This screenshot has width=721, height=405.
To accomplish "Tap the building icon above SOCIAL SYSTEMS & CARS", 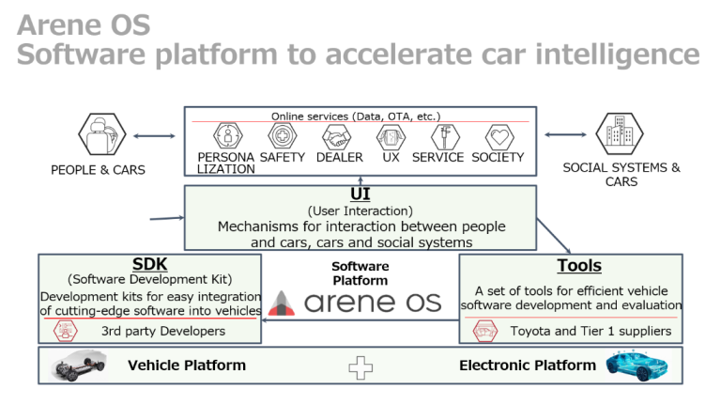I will point(620,136).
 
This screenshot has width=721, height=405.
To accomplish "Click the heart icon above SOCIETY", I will point(499,137).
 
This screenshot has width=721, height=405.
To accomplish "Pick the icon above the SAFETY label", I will point(281,137).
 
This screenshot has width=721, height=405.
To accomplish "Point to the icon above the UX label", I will point(391,137).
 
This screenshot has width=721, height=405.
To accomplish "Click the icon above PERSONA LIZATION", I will point(225,137).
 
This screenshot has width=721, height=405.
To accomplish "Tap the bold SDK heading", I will point(150,265).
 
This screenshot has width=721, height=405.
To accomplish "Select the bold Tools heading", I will point(578,266).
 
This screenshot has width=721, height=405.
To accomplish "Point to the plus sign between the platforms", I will point(360,366).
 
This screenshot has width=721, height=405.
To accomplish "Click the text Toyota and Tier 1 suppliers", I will point(591,331).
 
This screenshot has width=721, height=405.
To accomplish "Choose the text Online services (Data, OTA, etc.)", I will point(356,116).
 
